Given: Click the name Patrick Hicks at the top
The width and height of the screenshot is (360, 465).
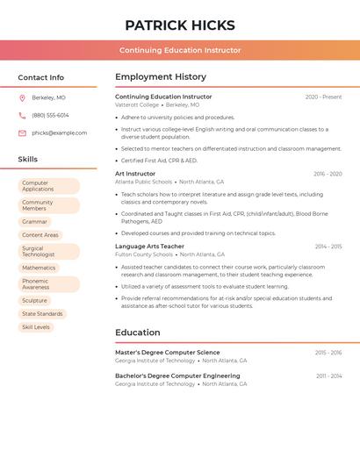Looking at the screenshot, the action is click(x=180, y=25).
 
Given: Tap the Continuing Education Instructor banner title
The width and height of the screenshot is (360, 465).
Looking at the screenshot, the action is click(x=180, y=50).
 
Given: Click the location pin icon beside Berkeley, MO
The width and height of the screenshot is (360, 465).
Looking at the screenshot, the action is click(x=22, y=97).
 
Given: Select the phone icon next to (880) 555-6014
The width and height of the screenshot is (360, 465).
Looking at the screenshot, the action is click(x=22, y=115).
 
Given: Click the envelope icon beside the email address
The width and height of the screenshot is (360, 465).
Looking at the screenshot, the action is click(x=22, y=133).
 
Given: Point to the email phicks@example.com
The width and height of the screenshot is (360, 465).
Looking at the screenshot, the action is click(x=59, y=133).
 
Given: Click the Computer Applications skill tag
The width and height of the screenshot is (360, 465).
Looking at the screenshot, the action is click(x=48, y=186).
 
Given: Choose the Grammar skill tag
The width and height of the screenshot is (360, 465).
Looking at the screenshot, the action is click(x=35, y=222).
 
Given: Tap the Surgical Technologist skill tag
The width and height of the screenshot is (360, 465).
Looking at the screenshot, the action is click(x=48, y=252).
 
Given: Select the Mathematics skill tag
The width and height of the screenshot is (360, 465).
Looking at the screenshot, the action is click(x=39, y=268).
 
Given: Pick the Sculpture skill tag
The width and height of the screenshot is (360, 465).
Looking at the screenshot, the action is click(x=34, y=301).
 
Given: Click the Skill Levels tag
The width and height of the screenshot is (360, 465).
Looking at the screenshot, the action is click(x=36, y=327).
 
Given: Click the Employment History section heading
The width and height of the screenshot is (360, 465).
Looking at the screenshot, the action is click(x=161, y=77).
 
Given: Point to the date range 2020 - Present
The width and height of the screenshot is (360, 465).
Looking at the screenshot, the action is click(x=323, y=97).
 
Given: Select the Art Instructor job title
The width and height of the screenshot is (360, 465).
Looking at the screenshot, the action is click(x=135, y=174).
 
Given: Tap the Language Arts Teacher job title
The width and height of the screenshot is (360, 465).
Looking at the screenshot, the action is click(x=149, y=247).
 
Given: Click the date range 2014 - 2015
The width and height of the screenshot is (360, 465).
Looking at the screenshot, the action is click(x=328, y=247).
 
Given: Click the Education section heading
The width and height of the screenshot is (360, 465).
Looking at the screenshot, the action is click(x=138, y=333).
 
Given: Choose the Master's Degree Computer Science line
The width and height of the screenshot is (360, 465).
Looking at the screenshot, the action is click(x=168, y=353).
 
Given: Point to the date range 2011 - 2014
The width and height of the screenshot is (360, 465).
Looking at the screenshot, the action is click(x=329, y=376).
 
